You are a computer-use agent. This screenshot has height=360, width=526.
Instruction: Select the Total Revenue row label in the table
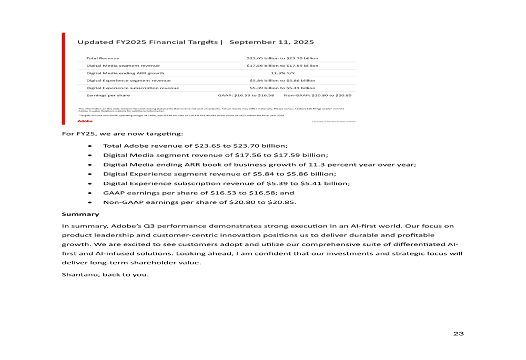103,58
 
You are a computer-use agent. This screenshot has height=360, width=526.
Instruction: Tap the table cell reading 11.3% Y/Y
282,73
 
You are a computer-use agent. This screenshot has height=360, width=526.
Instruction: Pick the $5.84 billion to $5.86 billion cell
282,80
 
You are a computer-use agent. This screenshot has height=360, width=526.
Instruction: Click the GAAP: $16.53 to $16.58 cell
246,96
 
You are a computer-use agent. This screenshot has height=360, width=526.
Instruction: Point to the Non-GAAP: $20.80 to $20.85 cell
318,96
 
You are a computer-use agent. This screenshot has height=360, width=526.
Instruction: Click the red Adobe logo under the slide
84,121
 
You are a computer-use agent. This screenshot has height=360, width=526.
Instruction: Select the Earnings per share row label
108,96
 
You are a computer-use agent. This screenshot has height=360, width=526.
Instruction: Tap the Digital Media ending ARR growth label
125,73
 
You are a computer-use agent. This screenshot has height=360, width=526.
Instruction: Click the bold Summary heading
80,214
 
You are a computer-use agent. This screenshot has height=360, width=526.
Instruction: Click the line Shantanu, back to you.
105,274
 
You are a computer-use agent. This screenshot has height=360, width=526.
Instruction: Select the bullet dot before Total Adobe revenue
90,146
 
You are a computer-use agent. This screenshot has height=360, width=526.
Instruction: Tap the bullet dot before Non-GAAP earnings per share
90,202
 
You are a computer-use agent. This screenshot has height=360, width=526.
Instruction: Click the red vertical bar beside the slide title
64,79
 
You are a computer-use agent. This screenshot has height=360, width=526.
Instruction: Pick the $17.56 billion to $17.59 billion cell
282,66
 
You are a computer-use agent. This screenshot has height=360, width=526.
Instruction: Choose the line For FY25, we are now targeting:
123,133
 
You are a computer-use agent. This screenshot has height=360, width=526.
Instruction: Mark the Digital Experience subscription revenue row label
133,88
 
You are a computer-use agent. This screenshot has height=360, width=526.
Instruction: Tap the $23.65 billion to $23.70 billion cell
282,58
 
